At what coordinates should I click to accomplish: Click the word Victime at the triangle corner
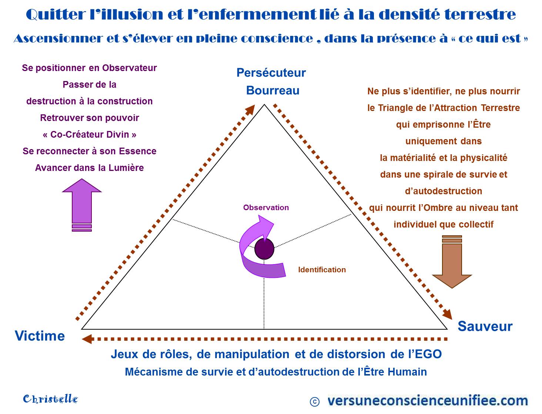(40, 336)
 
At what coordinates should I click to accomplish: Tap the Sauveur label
(485, 326)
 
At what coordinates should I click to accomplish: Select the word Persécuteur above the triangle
(271, 73)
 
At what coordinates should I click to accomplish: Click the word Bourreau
(272, 91)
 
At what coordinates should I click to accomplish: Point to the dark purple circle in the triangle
(264, 249)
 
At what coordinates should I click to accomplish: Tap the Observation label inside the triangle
(266, 208)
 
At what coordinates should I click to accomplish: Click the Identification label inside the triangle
(322, 270)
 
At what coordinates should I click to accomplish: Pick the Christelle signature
(50, 399)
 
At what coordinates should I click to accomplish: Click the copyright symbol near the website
(314, 402)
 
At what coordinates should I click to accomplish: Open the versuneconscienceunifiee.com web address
(428, 400)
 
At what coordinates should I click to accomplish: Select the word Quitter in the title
(56, 15)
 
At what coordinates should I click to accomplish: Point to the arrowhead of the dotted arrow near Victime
(87, 339)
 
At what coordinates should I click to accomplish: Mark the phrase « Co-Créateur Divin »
(90, 135)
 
